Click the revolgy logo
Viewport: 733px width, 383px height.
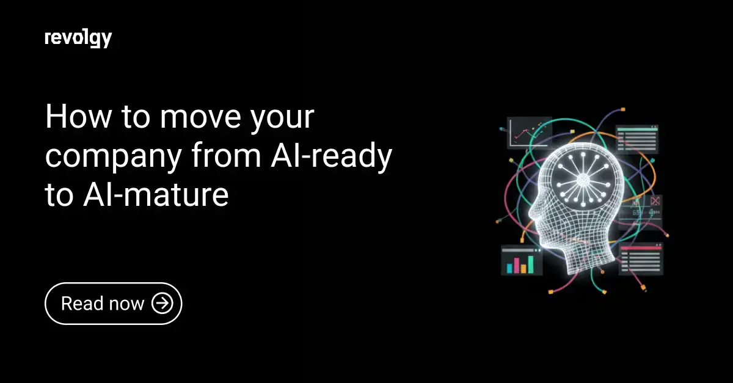click(78, 38)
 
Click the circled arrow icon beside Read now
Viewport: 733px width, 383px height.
click(162, 303)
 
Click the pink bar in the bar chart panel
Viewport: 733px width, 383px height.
click(516, 264)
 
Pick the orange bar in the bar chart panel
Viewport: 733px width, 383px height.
click(523, 267)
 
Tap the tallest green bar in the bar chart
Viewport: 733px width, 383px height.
click(531, 263)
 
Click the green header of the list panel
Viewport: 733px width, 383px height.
click(636, 129)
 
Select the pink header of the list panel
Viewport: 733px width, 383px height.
click(640, 249)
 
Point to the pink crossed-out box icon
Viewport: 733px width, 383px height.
click(655, 200)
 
